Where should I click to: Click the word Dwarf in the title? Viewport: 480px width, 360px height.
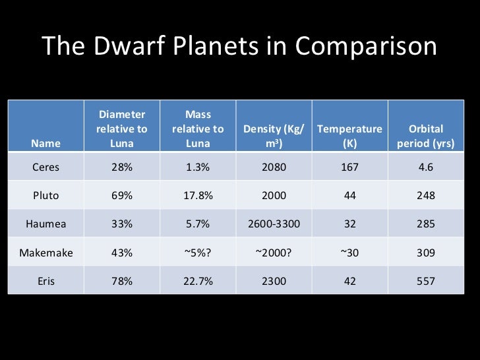coord(123,47)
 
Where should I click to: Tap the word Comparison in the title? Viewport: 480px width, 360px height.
coord(366,47)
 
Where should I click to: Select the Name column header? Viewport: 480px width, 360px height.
coord(45,143)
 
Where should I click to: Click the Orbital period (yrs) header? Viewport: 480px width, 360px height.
coord(425,136)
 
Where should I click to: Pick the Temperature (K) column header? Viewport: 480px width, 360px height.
coord(349,136)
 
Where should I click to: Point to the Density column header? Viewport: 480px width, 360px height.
coord(274,136)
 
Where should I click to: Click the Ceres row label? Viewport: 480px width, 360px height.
coord(45,167)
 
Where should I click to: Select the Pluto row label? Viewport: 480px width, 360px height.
coord(45,196)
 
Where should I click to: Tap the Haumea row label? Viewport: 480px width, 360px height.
coord(45,224)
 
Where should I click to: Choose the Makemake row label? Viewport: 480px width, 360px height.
coord(45,253)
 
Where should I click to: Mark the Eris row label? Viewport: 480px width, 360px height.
coord(45,281)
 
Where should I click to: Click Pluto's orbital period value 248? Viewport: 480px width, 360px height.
coord(425,196)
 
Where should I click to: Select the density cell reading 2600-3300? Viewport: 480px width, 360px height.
coord(274,224)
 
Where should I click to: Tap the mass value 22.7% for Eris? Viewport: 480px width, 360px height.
coord(198,281)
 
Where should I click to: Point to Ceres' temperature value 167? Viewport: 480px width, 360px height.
coord(349,167)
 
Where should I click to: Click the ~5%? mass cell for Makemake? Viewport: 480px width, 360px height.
coord(198,253)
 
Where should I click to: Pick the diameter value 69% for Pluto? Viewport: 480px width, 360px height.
coord(122,196)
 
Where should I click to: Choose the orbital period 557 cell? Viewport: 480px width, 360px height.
coord(425,281)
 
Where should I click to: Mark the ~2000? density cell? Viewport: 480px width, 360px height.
coord(274,253)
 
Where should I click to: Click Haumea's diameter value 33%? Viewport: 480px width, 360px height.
coord(122,224)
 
